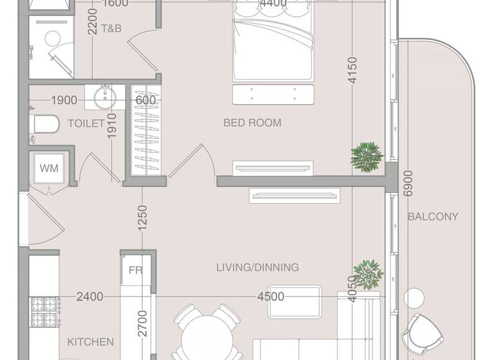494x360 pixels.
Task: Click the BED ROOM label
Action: tap(252, 122)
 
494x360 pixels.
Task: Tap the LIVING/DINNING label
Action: tap(257, 267)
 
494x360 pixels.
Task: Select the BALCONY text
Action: tap(433, 217)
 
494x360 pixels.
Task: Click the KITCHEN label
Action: tap(91, 342)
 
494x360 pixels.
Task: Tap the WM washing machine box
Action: tap(49, 168)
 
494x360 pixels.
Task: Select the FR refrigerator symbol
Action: tap(135, 270)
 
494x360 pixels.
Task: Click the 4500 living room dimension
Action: tap(271, 296)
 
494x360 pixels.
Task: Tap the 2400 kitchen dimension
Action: tap(89, 296)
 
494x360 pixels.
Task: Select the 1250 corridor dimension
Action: tap(142, 218)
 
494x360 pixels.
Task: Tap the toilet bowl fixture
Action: tap(42, 123)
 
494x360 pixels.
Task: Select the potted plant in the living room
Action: tap(367, 274)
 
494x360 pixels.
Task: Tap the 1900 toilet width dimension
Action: tap(64, 100)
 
